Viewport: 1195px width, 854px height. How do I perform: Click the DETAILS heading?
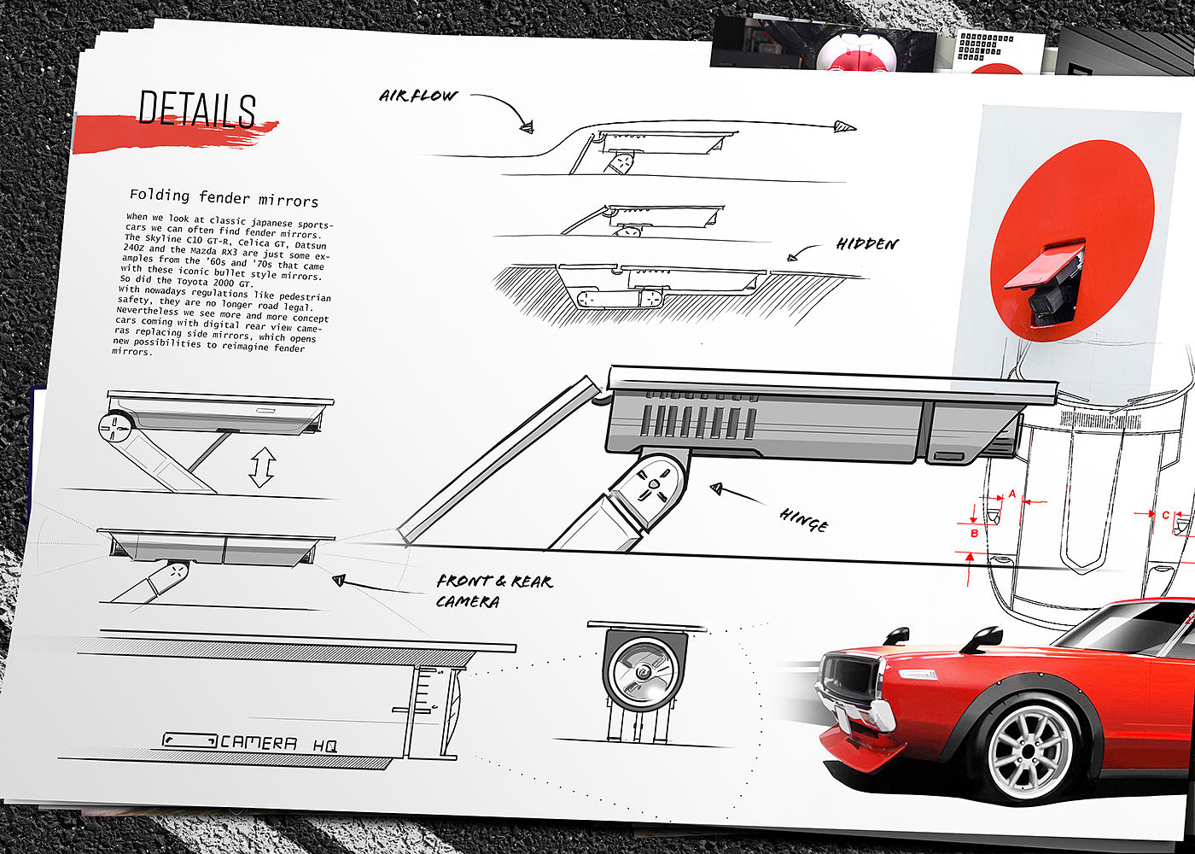point(197,110)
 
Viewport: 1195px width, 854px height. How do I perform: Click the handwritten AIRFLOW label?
point(418,96)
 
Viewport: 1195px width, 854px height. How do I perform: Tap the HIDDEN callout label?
point(867,244)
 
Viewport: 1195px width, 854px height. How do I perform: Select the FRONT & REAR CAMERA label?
point(493,591)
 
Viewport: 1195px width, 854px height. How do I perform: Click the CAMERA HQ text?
point(278,744)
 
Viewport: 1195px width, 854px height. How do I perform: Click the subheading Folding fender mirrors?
point(224,198)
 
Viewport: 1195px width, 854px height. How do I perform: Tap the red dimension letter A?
point(1012,494)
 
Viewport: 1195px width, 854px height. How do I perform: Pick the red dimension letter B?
point(975,533)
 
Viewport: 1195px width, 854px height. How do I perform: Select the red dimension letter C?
point(1166,515)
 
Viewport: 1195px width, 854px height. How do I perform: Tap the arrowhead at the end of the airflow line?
point(845,128)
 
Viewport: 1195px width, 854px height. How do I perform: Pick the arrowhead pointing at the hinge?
point(717,488)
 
